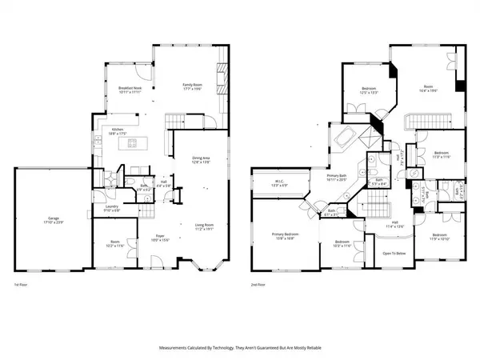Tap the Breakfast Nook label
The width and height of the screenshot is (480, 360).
point(130,88)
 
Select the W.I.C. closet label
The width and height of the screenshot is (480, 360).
point(278,182)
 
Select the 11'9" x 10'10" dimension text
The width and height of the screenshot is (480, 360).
point(439,239)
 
